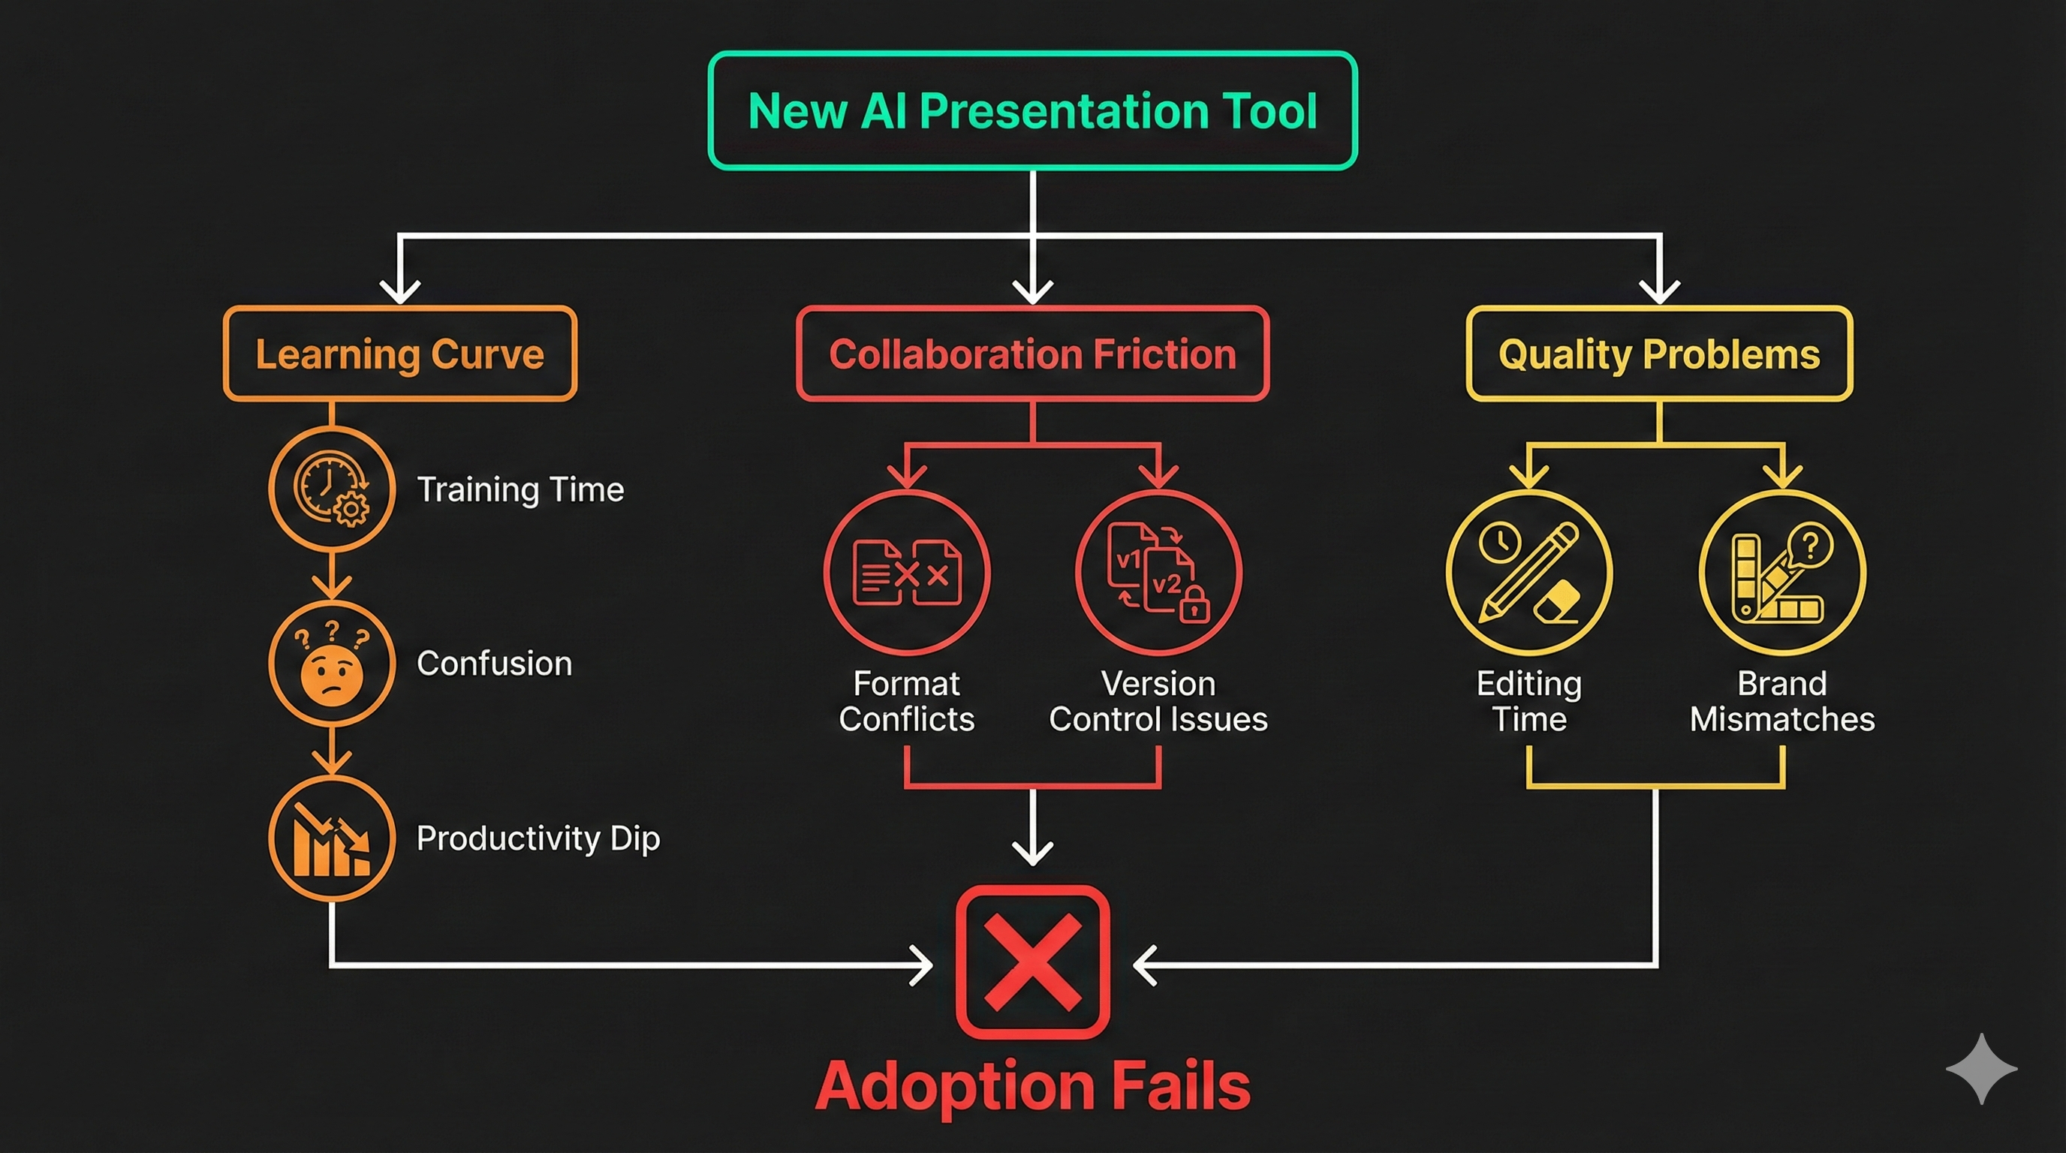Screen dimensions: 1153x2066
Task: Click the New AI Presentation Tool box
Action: click(x=1032, y=110)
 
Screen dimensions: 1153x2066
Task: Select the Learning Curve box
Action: click(x=399, y=354)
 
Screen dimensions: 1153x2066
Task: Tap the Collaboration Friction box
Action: click(x=1032, y=354)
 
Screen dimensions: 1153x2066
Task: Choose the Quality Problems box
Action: click(x=1658, y=354)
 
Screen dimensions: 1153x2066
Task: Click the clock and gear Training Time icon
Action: click(x=331, y=489)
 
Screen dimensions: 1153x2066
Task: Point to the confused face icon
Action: click(x=331, y=663)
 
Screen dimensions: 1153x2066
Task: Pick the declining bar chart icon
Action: click(x=331, y=838)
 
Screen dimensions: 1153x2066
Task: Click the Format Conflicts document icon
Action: click(x=906, y=573)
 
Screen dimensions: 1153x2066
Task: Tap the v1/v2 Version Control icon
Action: click(x=1158, y=573)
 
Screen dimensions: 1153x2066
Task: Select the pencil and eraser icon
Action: click(x=1528, y=573)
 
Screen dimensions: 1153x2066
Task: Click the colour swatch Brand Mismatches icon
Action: click(x=1781, y=573)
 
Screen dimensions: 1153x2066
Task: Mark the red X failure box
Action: click(x=1032, y=962)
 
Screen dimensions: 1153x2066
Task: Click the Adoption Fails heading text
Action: click(x=1032, y=1085)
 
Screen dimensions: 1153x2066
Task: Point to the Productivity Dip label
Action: click(x=538, y=838)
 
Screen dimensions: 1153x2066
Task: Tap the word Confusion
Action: click(x=494, y=664)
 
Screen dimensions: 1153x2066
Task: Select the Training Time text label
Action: click(x=520, y=489)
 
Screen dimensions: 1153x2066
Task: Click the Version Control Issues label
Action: click(x=1158, y=702)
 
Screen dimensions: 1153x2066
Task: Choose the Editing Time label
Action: click(x=1528, y=702)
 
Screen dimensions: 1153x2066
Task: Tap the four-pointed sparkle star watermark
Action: click(x=1981, y=1068)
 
